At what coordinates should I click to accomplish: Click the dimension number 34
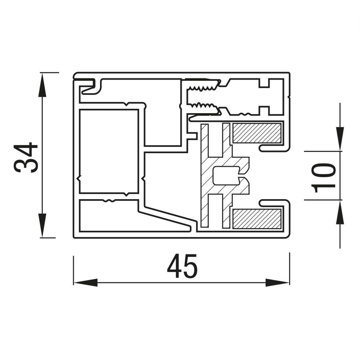coord(26,158)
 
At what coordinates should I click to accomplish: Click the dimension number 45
coord(182,266)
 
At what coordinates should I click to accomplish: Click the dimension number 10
coord(324,178)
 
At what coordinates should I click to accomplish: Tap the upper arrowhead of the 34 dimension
coord(42,85)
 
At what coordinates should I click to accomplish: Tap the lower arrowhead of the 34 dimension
coord(42,225)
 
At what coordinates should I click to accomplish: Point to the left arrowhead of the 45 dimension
coord(86,282)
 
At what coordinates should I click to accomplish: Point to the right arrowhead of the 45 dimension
coord(277,282)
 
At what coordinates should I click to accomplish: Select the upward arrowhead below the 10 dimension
coord(340,212)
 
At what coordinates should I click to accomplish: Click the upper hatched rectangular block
coord(257,133)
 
